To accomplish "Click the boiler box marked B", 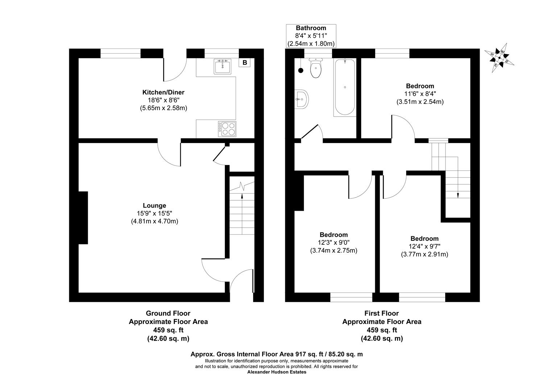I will click(x=245, y=63).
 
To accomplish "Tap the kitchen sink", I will click(x=222, y=67).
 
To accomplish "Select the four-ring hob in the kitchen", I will click(x=227, y=129).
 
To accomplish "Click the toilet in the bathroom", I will click(x=316, y=69).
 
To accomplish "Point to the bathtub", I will click(x=344, y=87).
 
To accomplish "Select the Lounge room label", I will click(x=154, y=206).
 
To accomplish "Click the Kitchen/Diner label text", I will click(x=163, y=93).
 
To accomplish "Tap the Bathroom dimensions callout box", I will click(x=311, y=36).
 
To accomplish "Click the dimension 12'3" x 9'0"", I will click(x=334, y=243).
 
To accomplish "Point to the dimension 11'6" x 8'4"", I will click(x=420, y=94).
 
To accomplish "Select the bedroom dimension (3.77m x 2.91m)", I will click(x=424, y=254).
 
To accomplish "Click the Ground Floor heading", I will click(x=168, y=313).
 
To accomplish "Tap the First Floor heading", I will click(x=381, y=313).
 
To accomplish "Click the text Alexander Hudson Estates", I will click(x=277, y=372).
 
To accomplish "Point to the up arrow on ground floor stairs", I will click(x=242, y=196).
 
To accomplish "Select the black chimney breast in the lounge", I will click(x=83, y=218).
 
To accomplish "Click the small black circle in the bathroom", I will click(x=301, y=71).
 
